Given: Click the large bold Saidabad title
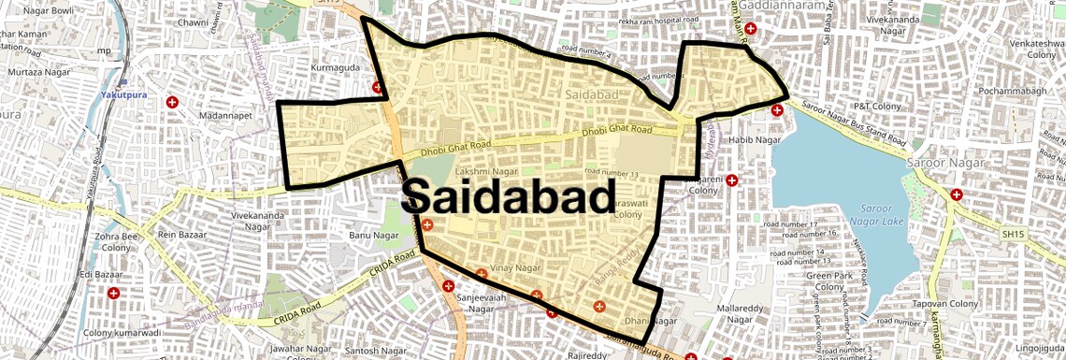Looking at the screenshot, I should (509, 197).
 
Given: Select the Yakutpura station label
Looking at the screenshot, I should (122, 95).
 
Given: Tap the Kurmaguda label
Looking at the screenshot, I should (335, 68).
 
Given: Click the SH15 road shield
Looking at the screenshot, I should (1012, 233).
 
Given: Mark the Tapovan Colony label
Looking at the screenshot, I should (946, 304).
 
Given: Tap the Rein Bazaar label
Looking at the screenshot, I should (180, 234).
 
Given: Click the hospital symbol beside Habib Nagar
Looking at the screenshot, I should (776, 110).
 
